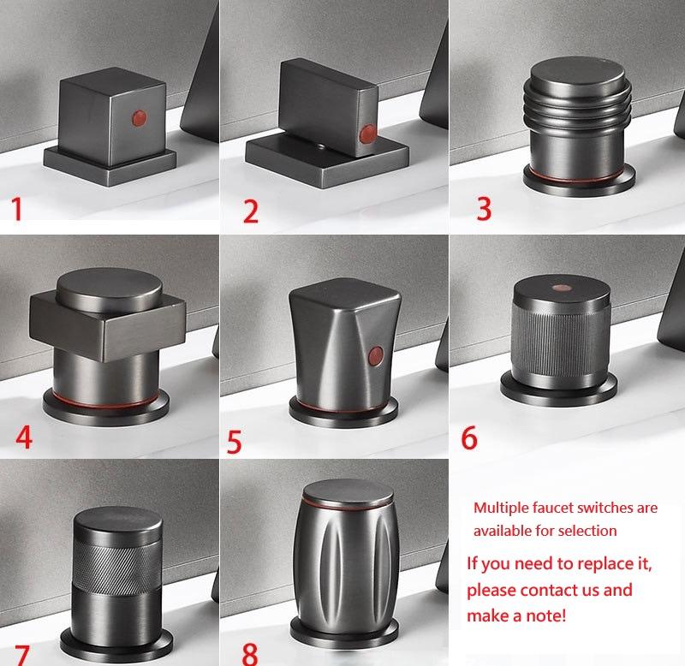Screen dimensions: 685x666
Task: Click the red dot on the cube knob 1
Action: tap(140, 118)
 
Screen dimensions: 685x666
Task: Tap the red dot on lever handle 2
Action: tap(367, 134)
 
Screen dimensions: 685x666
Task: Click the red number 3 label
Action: tap(484, 209)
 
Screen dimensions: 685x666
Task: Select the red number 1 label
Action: tap(17, 209)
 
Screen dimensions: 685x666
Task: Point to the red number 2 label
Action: tap(251, 211)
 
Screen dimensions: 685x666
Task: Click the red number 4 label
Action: tap(24, 437)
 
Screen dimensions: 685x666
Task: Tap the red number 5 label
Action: tap(234, 442)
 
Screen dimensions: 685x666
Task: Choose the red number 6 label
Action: tap(469, 437)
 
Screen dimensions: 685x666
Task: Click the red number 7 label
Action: tap(22, 656)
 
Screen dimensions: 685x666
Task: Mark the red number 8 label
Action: tap(250, 654)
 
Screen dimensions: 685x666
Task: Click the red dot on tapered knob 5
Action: tap(376, 355)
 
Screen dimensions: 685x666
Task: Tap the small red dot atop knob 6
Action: tap(562, 288)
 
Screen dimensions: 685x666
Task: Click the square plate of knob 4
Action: tap(108, 325)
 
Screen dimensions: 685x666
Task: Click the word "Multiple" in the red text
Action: tap(501, 508)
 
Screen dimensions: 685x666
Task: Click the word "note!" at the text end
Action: tap(545, 615)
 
